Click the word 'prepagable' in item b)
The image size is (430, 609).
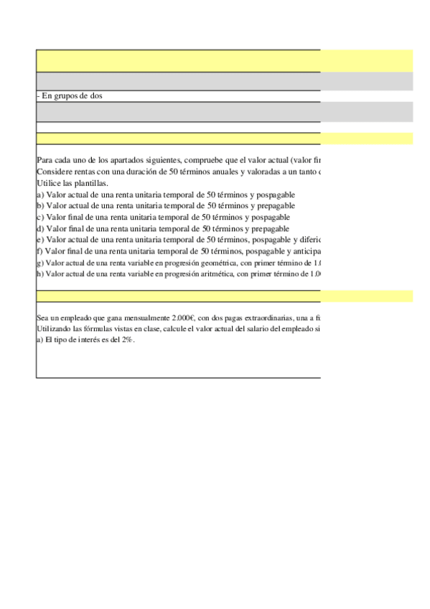(x=275, y=205)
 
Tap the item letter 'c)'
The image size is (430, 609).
(x=40, y=217)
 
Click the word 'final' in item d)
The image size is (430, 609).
(x=74, y=228)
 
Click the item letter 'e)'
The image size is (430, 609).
(x=40, y=239)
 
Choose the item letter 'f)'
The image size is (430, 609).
(x=39, y=251)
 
